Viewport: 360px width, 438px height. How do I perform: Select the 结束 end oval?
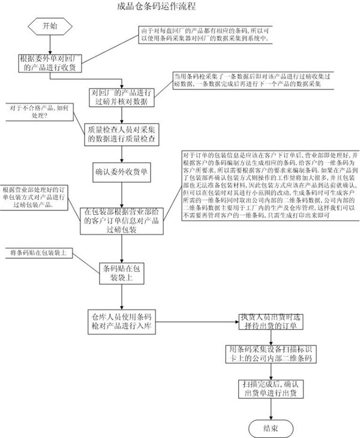[x=270, y=427]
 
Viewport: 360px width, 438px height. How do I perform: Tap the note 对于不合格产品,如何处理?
[x=38, y=112]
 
